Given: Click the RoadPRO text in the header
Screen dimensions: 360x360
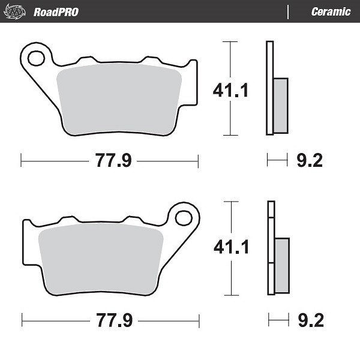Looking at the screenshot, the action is pos(56,12).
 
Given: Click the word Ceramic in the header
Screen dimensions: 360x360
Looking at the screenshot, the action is pos(331,12).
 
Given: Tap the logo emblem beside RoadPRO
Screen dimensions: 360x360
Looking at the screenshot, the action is pos(15,12).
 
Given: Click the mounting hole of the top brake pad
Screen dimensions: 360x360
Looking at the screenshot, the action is pos(36,58).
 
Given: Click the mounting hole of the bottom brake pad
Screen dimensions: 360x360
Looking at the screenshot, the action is pos(184,218).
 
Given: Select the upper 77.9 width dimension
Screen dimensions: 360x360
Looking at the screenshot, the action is pos(113,160).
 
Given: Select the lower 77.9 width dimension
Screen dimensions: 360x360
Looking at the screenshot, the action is pos(115,320).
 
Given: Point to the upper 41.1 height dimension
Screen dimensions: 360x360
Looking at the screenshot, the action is pos(230,90).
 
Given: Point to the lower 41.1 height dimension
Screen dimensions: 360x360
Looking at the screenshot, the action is pos(231,247).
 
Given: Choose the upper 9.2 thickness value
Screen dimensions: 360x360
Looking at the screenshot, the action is pos(310,160).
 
